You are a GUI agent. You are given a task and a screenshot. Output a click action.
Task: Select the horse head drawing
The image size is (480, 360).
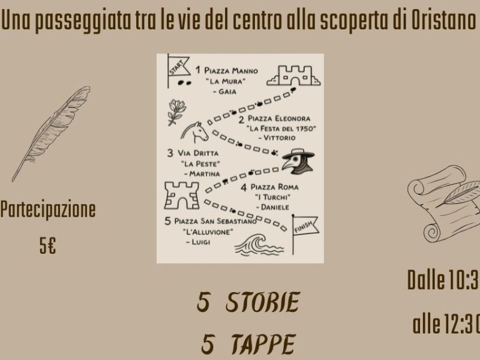point(194,132)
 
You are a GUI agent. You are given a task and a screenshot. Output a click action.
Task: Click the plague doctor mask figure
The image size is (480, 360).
point(298,161)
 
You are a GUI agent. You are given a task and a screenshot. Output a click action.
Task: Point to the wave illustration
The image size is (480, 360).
point(259,245)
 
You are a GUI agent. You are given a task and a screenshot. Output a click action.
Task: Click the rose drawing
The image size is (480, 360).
point(177,112)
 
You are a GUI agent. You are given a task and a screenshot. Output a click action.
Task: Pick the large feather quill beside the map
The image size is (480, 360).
point(51,133)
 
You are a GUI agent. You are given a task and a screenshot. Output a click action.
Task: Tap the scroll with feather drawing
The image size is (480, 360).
point(443,203)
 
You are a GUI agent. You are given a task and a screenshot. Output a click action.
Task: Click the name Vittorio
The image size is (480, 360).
point(279,138)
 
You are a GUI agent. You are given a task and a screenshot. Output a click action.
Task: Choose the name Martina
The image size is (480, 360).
point(204,174)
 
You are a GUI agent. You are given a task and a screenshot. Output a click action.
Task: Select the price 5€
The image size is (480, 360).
point(47,246)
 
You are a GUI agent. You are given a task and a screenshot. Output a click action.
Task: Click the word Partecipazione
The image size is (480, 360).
point(48,209)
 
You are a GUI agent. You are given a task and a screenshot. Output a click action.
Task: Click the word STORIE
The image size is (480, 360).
point(262,302)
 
